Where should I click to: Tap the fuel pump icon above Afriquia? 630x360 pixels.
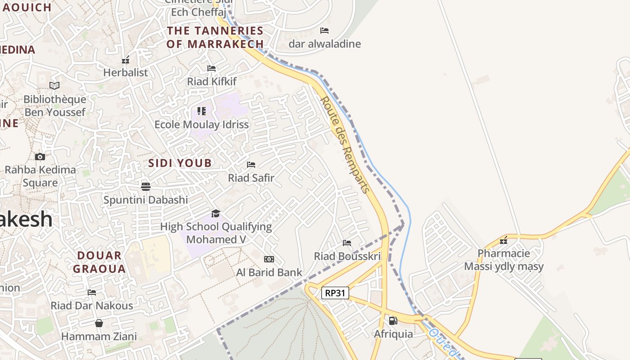pyautogui.click(x=393, y=321)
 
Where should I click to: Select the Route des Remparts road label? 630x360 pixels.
pyautogui.click(x=345, y=144)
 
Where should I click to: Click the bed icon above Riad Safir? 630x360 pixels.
pyautogui.click(x=251, y=165)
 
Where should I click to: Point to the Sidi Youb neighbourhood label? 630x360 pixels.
pyautogui.click(x=180, y=163)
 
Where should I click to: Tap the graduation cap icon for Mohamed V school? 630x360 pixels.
pyautogui.click(x=216, y=213)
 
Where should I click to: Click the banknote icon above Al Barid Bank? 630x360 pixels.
pyautogui.click(x=269, y=259)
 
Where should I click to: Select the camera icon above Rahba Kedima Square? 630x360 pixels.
pyautogui.click(x=40, y=157)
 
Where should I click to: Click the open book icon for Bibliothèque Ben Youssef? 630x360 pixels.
pyautogui.click(x=54, y=85)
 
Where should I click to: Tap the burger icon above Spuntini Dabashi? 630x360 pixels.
pyautogui.click(x=145, y=186)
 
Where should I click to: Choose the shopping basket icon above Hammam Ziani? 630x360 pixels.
pyautogui.click(x=99, y=323)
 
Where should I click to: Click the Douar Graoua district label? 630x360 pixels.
pyautogui.click(x=99, y=262)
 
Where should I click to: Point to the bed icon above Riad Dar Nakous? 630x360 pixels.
pyautogui.click(x=92, y=292)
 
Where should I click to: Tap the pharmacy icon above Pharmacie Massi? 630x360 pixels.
pyautogui.click(x=504, y=240)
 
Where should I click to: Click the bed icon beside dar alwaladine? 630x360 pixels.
pyautogui.click(x=324, y=31)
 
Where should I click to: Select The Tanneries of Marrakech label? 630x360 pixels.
pyautogui.click(x=215, y=37)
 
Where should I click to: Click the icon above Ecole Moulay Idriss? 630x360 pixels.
pyautogui.click(x=202, y=111)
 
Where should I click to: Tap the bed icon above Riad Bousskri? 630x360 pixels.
pyautogui.click(x=347, y=243)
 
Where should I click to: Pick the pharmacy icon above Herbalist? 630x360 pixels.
pyautogui.click(x=126, y=59)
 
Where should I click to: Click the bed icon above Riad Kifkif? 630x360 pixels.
pyautogui.click(x=211, y=68)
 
